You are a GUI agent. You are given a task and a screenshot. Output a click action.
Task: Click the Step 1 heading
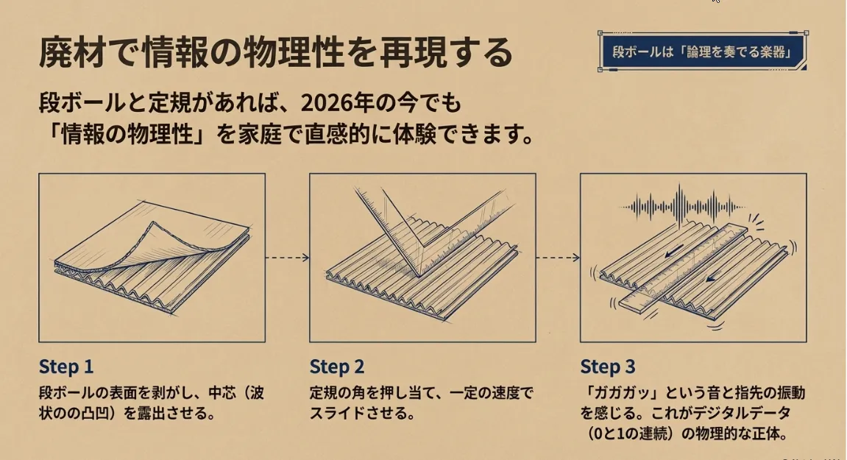66,367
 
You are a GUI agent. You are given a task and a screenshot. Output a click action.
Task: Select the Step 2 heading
337,367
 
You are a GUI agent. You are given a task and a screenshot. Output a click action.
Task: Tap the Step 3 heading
608,367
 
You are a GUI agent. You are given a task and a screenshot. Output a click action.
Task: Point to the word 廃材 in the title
71,52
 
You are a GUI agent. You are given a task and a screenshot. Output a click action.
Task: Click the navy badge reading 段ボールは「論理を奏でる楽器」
703,52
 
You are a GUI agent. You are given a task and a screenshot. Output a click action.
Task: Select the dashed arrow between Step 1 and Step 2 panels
288,258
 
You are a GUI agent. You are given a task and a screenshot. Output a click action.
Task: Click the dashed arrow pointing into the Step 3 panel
558,258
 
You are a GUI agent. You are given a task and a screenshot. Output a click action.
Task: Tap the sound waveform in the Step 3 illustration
681,207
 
